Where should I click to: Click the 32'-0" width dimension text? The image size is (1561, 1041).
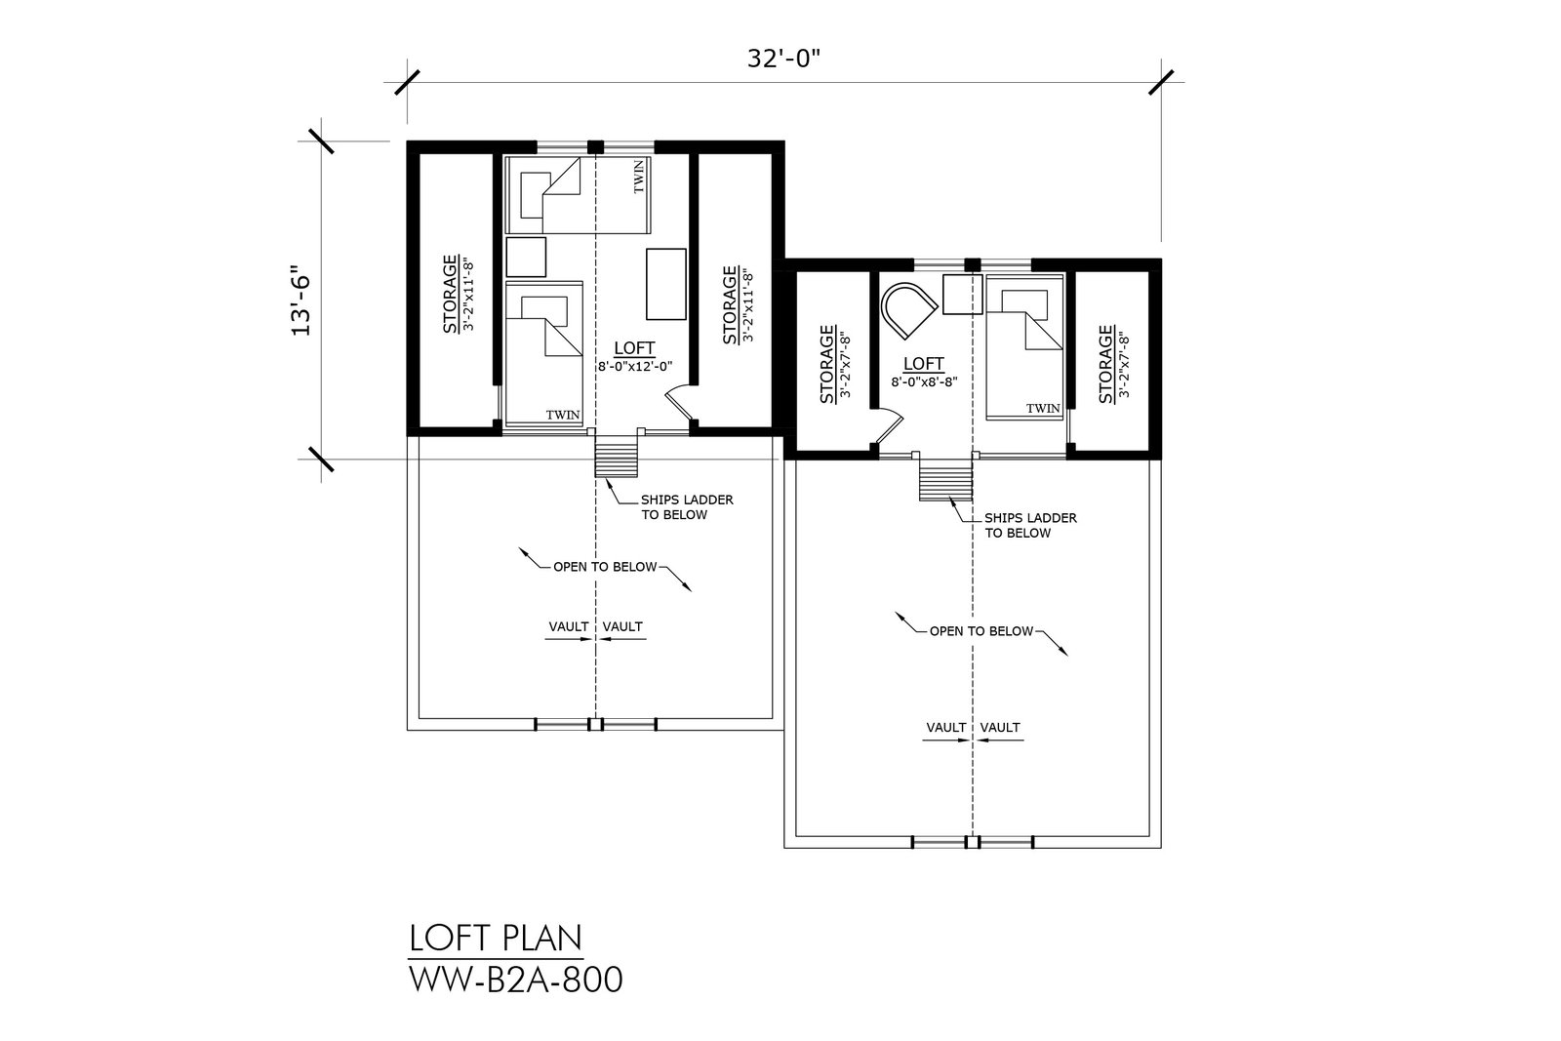783,60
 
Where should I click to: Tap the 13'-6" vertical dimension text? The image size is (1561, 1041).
301,300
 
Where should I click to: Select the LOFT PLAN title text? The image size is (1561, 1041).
496,938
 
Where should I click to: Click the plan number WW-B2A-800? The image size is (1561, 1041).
516,980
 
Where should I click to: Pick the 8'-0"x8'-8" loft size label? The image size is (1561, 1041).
924,381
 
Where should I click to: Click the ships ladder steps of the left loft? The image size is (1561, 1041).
616,455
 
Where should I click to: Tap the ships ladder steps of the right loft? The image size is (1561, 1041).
945,477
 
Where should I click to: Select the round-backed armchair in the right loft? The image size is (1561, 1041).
907,309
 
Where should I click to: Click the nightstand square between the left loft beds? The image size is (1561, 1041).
526,258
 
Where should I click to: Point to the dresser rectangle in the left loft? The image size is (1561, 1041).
666,284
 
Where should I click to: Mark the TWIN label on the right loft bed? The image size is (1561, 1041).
1043,409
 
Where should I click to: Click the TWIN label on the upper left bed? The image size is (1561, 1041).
639,177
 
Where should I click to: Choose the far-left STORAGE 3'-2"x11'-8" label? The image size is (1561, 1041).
458,294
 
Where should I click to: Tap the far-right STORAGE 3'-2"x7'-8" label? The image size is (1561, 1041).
1113,365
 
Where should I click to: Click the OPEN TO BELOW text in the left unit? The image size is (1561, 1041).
605,567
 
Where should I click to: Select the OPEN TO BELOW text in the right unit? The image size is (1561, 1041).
981,631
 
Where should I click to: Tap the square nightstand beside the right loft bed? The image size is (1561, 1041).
962,294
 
